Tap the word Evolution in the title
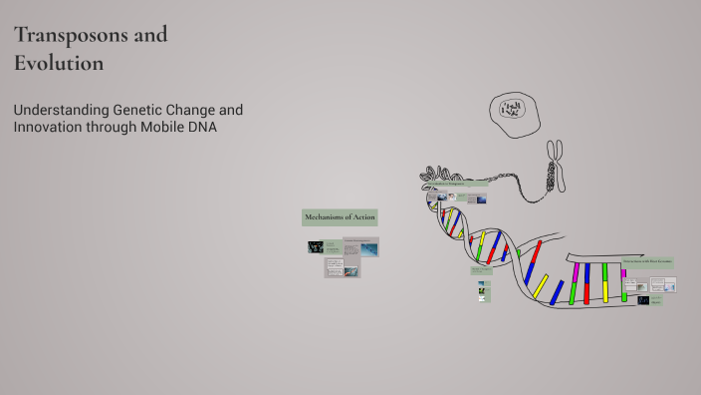point(59,63)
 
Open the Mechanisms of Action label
point(340,217)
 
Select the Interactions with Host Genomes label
point(647,262)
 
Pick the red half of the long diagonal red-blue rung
point(537,250)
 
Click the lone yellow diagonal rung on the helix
point(541,286)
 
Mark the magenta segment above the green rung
point(576,272)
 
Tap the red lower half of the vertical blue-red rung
point(587,293)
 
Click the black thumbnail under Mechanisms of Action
point(315,247)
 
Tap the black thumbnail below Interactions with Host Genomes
point(643,300)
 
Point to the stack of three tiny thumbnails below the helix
point(484,292)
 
